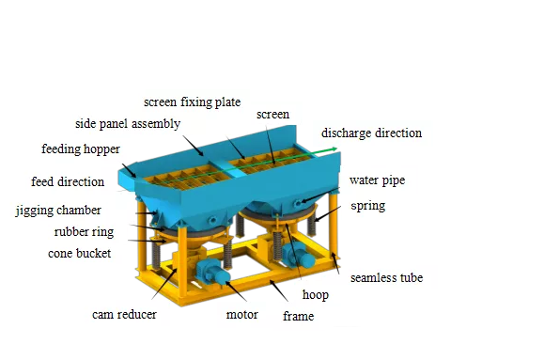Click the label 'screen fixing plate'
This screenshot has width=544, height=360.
(x=192, y=102)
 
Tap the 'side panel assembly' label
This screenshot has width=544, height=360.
(x=128, y=124)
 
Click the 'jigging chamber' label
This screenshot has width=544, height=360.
(x=58, y=211)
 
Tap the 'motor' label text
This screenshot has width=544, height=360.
(x=241, y=314)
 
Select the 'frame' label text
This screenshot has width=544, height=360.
(x=298, y=317)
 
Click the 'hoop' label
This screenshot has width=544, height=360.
(x=315, y=294)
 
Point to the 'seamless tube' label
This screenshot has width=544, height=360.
(x=386, y=278)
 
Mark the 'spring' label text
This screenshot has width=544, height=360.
(x=366, y=205)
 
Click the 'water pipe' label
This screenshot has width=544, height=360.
(x=378, y=180)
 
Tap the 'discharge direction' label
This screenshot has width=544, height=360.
(x=372, y=133)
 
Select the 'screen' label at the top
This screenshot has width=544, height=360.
(x=272, y=115)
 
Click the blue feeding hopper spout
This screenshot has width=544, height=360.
(x=127, y=175)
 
